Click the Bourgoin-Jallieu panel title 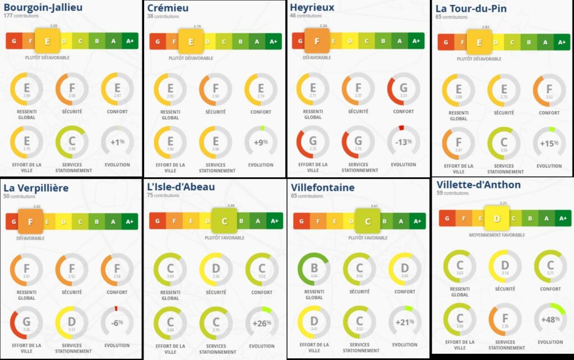coord(43,8)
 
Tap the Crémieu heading coord(168,8)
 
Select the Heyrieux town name coord(312,7)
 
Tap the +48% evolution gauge coord(550,319)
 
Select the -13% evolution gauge coord(404,142)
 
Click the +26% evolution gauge coord(261,322)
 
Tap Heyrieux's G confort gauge coord(404,89)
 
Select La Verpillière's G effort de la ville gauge coord(26,322)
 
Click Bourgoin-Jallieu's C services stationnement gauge coord(72,142)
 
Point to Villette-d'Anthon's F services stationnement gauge coord(504,319)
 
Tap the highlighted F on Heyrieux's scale coord(317,41)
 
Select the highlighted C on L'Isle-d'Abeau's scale coord(224,221)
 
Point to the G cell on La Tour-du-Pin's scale coord(446,42)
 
